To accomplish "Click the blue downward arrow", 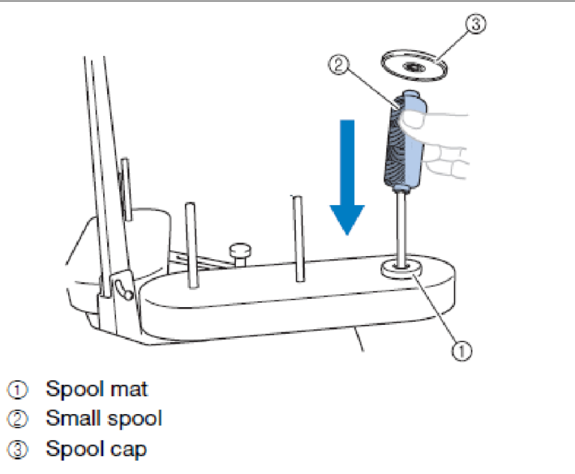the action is coord(347,176).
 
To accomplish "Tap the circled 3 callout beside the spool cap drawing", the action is coord(476,24).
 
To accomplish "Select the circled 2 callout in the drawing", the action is coord(338,65).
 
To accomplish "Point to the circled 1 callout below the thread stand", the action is coord(462,351).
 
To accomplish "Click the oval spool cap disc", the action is coord(414,65).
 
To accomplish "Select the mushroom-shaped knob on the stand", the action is coord(240,254).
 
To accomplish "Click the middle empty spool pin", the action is coord(299,238).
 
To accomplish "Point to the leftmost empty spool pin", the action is coord(192,245).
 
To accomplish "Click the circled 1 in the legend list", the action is coord(17,390).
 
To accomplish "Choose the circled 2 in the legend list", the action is coord(17,419).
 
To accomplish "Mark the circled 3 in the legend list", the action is coord(17,450).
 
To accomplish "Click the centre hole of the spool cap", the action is coord(414,67).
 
